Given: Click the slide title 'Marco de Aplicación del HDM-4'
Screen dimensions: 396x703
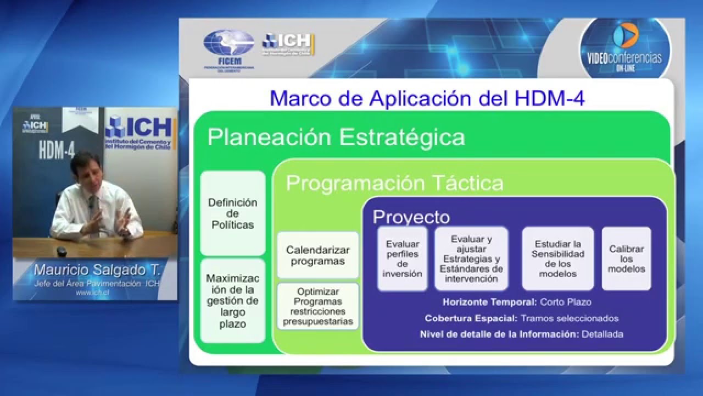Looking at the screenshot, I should [x=427, y=98].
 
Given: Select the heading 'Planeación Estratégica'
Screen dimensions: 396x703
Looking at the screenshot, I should [x=336, y=137].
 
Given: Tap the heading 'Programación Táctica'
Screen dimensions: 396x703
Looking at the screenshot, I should [x=394, y=183].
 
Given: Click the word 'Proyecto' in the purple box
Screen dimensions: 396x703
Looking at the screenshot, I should [x=411, y=217].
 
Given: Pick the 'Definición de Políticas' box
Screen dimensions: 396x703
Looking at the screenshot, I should [x=232, y=213].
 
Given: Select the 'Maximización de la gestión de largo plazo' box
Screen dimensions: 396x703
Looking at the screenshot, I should [x=232, y=301].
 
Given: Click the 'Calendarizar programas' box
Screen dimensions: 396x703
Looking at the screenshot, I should [x=318, y=256].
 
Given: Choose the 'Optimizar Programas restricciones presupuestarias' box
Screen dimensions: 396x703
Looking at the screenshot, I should [x=318, y=306].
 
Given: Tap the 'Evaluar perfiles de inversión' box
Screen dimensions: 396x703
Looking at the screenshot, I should [x=403, y=258].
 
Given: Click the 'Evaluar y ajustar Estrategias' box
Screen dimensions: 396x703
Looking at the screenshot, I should [x=471, y=258].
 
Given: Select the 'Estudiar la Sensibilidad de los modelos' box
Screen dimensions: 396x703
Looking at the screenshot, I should [x=557, y=258].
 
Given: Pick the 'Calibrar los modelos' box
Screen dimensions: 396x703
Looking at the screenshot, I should [x=626, y=258].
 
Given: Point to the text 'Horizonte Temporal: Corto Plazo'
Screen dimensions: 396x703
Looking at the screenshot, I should [x=516, y=302].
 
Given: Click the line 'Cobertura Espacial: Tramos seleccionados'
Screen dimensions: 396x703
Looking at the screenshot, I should [x=521, y=318].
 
